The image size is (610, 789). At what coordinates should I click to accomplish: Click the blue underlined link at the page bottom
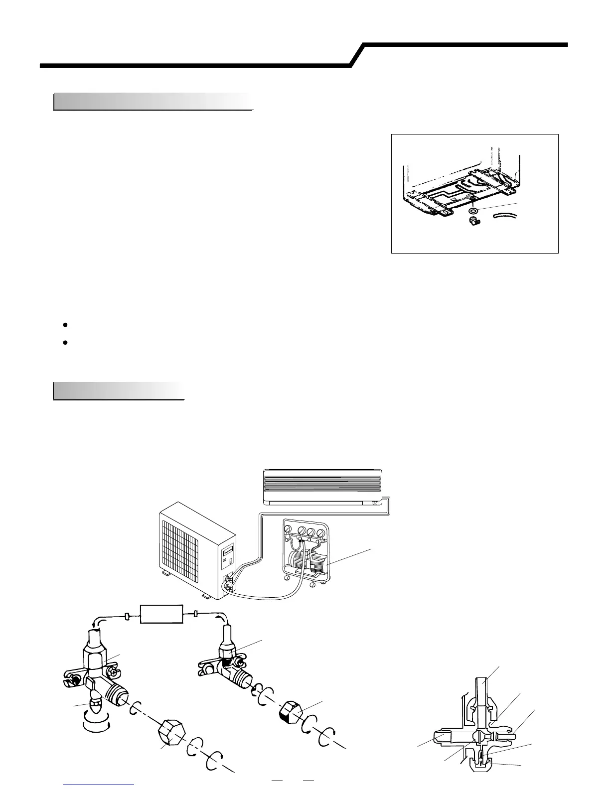point(99,786)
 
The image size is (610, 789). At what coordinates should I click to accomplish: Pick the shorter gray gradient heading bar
point(119,391)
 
